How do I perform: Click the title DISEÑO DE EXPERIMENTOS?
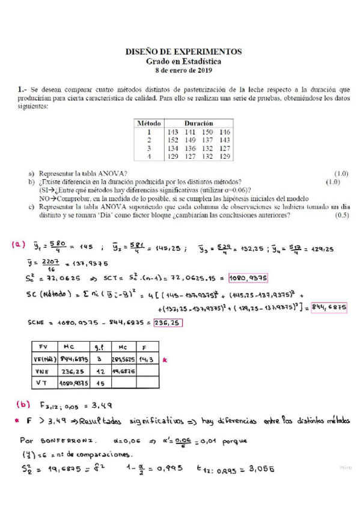183,52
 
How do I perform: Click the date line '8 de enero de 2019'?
183,70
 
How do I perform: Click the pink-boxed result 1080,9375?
248,278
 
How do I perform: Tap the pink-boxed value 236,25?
167,324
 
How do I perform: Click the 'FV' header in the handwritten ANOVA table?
43,347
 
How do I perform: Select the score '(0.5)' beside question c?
342,215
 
